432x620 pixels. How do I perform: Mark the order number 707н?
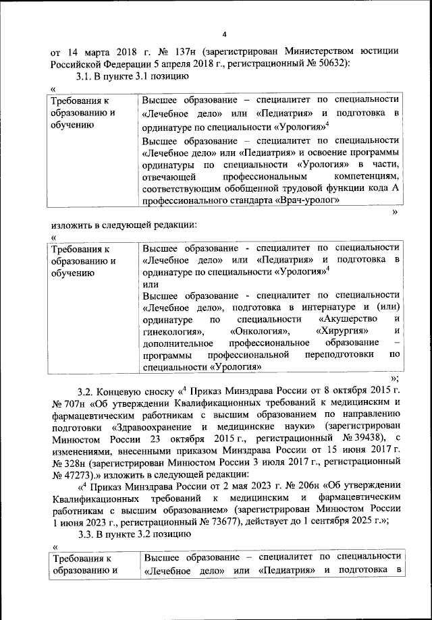pyautogui.click(x=65, y=403)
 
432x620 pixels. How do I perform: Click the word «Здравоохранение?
pyautogui.click(x=151, y=427)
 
